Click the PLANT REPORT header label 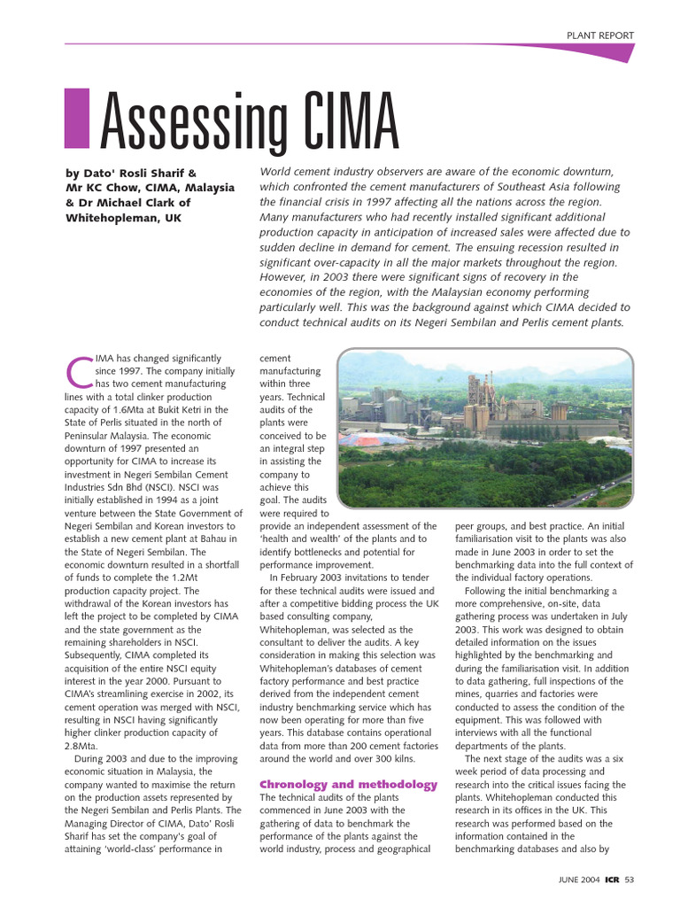[600, 35]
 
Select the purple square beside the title [78, 118]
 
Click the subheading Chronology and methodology [348, 785]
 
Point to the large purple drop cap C [80, 373]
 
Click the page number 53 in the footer [630, 880]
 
